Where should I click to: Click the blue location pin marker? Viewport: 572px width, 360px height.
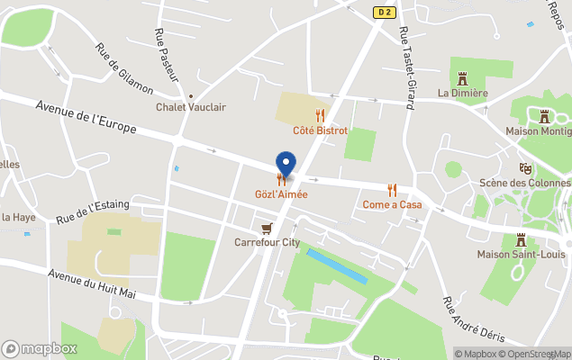[x=286, y=164]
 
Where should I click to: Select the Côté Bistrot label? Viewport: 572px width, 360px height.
[x=320, y=130]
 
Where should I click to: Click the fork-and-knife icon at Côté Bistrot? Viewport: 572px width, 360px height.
[x=320, y=115]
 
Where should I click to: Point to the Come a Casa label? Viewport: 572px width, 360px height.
[x=392, y=204]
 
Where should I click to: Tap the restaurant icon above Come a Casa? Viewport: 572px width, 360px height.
[x=392, y=190]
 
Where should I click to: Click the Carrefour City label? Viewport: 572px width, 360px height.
[x=267, y=242]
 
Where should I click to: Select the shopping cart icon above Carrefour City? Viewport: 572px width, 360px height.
[x=266, y=228]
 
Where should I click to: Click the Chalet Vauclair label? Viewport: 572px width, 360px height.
[x=191, y=107]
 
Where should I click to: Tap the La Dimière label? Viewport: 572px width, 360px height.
[x=462, y=93]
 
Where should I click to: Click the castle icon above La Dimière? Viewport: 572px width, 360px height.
[x=463, y=78]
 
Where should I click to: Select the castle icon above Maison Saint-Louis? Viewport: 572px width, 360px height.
[x=520, y=239]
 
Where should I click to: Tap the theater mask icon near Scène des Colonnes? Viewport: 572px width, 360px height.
[x=525, y=168]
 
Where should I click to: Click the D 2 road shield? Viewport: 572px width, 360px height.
[x=385, y=12]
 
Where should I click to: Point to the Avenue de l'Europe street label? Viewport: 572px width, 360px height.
[x=86, y=117]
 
